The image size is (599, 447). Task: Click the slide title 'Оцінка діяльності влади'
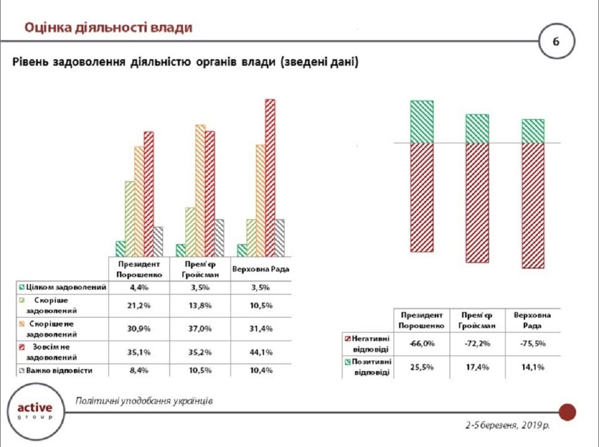point(108,27)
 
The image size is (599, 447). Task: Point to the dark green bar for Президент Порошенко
point(120,248)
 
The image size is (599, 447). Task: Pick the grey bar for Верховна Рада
point(280,237)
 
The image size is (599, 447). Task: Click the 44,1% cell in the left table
point(261,352)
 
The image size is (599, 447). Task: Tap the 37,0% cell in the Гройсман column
point(200,328)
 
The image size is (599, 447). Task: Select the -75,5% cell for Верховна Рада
point(532,344)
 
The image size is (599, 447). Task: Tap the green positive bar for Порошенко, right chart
point(422,122)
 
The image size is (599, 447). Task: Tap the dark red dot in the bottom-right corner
point(567,412)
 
